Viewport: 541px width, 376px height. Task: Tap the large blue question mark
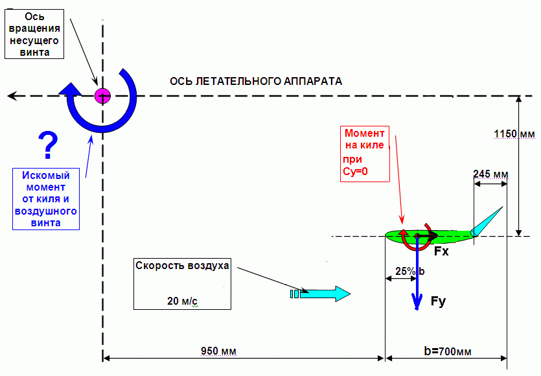coord(47,145)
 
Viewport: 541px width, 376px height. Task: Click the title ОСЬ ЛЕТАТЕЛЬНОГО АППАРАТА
coord(255,81)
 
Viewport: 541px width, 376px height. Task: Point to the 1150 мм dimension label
coord(514,134)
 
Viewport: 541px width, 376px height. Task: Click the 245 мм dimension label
coord(490,173)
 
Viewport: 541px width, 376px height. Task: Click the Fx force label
coord(441,251)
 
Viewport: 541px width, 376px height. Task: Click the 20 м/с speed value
coord(182,301)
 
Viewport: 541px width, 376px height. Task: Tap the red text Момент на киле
coord(365,139)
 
